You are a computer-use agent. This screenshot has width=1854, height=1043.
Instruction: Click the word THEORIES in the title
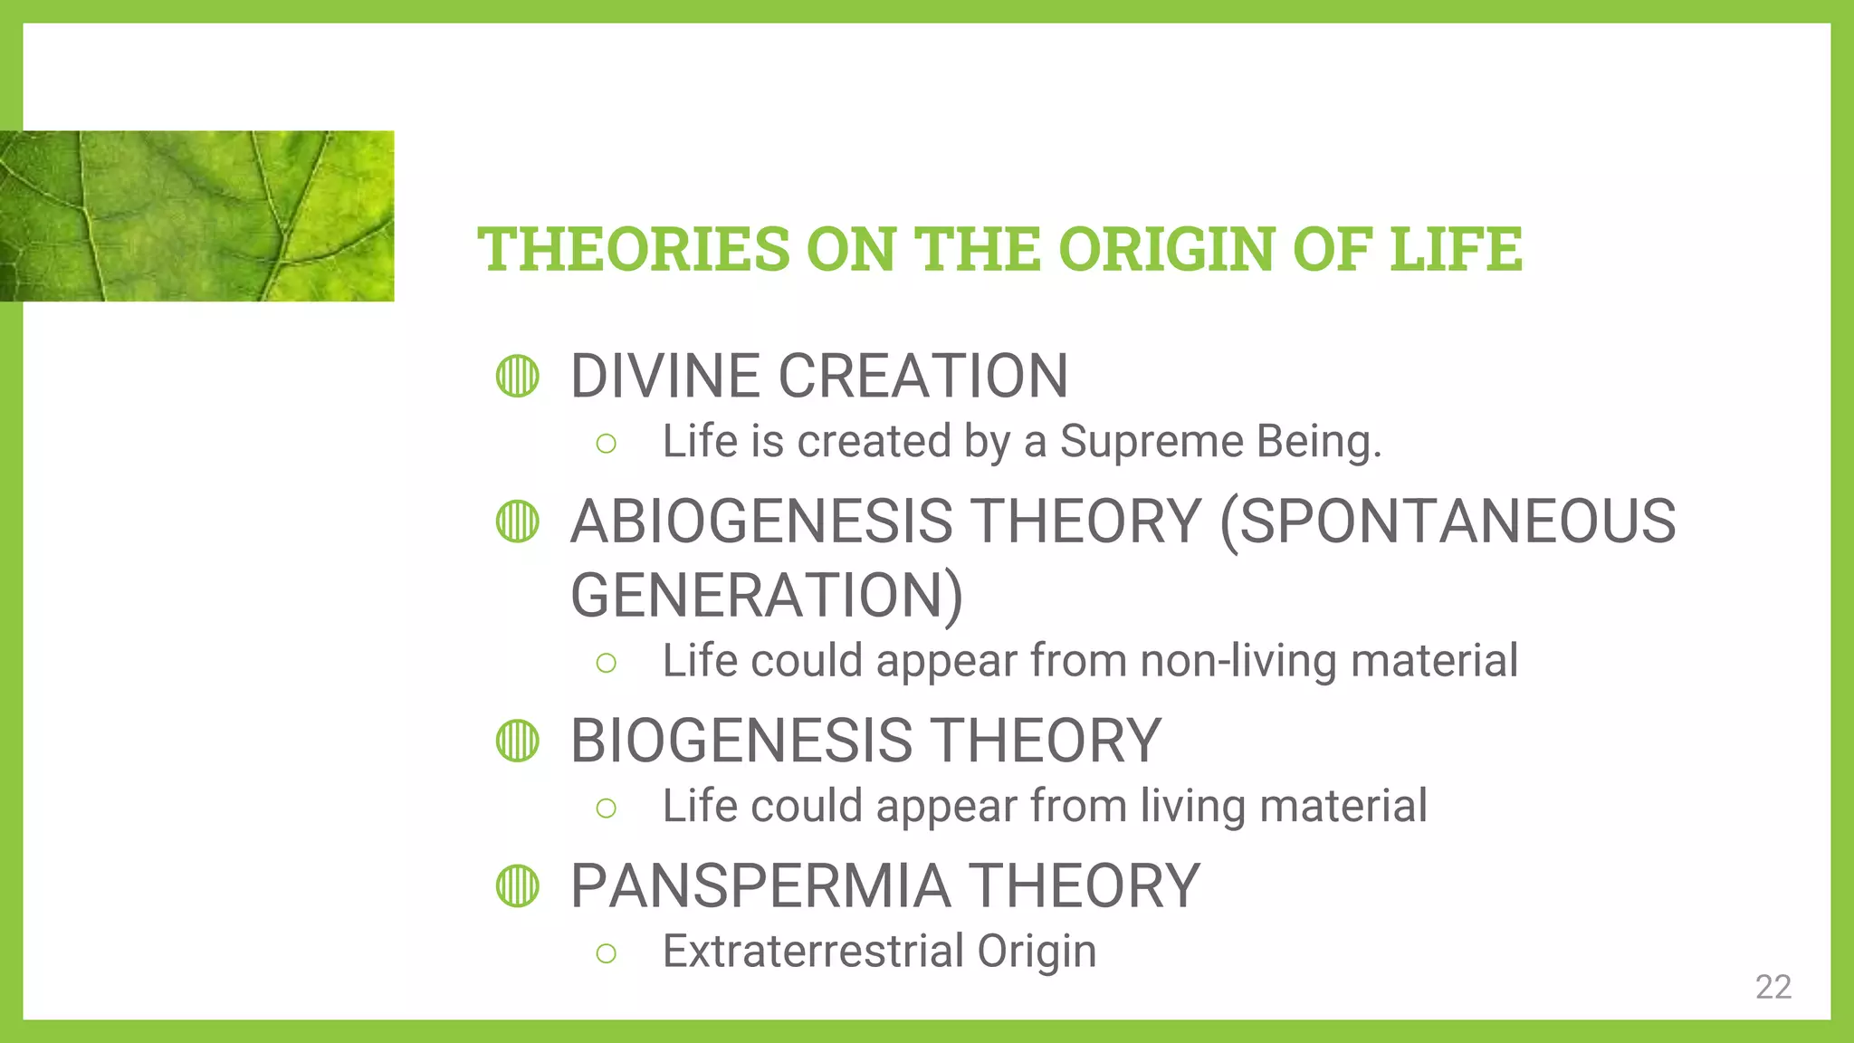634,249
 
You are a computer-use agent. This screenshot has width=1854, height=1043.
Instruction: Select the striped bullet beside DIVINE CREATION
518,376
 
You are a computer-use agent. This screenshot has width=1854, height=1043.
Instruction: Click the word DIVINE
665,376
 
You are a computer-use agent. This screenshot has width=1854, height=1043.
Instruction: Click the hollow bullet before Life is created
607,444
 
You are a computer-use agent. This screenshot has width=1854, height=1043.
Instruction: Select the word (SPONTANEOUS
1448,521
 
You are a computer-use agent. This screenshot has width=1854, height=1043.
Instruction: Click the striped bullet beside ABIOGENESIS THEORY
518,521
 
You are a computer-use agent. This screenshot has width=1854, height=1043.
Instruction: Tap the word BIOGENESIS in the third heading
741,741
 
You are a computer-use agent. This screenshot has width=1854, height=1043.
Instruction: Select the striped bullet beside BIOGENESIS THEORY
518,741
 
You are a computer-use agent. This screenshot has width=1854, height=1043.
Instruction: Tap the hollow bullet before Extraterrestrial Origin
607,953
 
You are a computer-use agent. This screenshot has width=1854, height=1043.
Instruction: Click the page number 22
1773,987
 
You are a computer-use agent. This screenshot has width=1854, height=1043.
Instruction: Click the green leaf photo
196,215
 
